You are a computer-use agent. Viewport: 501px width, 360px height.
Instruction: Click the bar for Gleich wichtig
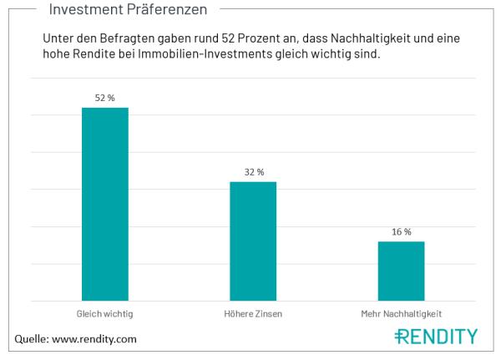pos(104,204)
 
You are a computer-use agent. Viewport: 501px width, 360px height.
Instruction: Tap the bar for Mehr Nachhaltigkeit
pos(401,271)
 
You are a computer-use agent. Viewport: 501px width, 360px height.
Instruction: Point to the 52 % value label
pos(104,98)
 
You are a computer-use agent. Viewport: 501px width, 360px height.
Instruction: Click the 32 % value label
pos(253,172)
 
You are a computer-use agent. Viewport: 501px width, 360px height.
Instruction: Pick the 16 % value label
pos(401,231)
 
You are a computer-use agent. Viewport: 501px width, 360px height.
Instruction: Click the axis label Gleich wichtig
pos(104,313)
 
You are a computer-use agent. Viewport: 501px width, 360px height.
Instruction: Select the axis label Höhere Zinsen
pos(253,313)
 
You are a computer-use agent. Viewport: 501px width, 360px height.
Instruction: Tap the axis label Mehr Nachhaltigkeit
pos(401,313)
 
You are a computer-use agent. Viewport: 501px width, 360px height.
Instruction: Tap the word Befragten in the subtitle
pos(131,39)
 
